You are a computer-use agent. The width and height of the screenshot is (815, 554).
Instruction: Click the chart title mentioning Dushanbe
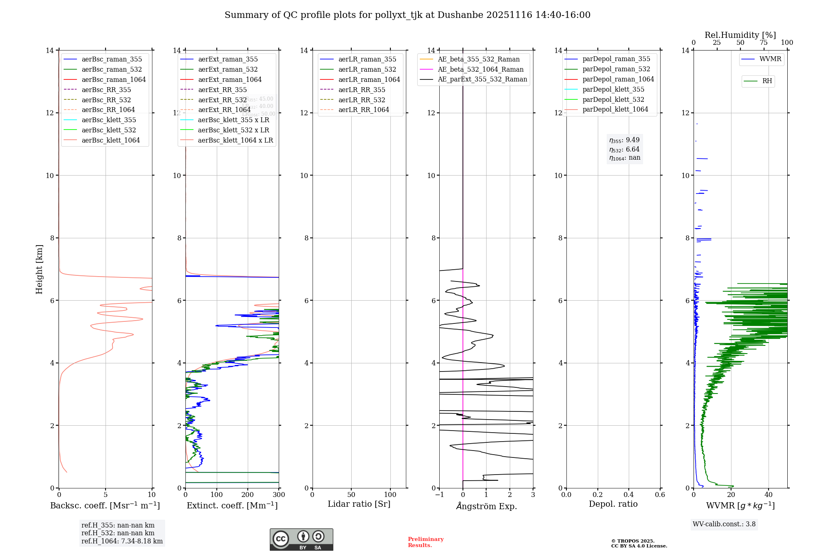(407, 15)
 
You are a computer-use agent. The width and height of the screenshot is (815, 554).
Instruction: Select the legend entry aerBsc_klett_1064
(110, 140)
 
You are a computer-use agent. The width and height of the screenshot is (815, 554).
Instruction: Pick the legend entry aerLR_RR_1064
(363, 110)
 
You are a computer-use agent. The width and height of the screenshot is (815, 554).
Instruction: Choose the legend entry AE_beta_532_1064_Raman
(480, 69)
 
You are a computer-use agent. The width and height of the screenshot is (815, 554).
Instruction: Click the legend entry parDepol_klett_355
(613, 89)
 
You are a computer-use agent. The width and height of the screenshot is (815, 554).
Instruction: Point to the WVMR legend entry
(770, 59)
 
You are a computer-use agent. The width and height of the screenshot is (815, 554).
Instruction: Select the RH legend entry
(767, 81)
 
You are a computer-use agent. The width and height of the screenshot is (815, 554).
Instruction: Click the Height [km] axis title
(39, 269)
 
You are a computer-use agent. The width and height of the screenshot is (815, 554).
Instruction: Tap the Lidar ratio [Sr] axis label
(359, 504)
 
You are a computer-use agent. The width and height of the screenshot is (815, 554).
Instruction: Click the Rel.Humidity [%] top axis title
(740, 35)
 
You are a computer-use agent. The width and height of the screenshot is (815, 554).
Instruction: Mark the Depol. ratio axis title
(613, 504)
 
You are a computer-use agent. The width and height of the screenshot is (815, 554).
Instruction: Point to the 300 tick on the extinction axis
(279, 495)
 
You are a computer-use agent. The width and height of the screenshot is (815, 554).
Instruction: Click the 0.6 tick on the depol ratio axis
(660, 495)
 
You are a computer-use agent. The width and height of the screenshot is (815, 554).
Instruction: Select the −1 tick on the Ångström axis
(439, 495)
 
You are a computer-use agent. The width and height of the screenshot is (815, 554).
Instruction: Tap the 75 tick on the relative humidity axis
(763, 43)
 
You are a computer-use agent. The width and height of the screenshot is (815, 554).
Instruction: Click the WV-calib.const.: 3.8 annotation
(724, 524)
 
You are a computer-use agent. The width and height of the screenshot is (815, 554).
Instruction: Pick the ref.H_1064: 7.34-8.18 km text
(122, 541)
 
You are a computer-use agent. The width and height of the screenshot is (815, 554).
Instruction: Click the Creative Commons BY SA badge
(301, 539)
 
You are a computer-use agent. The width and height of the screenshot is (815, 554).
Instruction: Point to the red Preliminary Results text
(425, 542)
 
